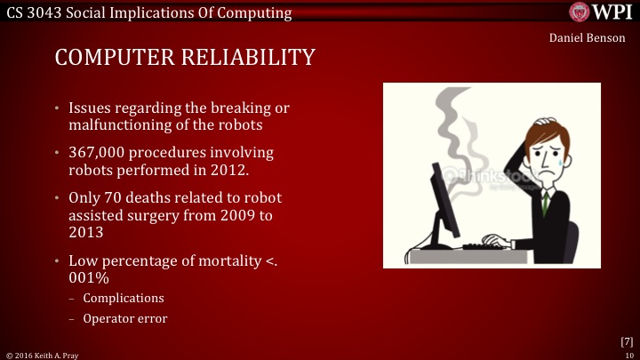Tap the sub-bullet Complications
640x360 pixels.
point(123,298)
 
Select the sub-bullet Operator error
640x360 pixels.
point(124,318)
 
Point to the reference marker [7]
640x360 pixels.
point(627,341)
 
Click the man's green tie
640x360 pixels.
point(543,203)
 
